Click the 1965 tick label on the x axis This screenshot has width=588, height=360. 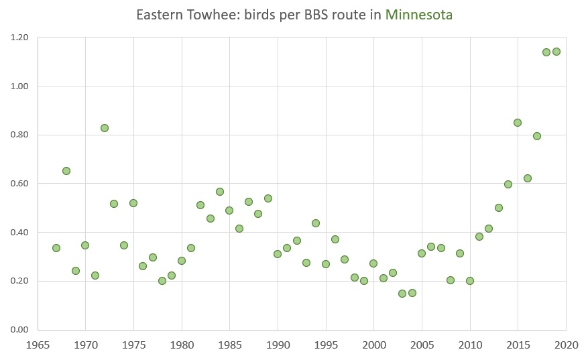pos(38,345)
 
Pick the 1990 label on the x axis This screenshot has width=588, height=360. pos(278,345)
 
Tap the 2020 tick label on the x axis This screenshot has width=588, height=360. pos(566,345)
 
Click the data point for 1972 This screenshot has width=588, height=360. pos(105,128)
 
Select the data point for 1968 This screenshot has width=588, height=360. pos(66,171)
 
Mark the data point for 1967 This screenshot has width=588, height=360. pos(56,248)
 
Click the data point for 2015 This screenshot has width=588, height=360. pos(518,123)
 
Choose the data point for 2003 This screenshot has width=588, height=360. pos(402,294)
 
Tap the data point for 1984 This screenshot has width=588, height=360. pos(220,192)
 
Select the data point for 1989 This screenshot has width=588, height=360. pos(268,198)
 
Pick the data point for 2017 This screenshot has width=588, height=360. pos(537,136)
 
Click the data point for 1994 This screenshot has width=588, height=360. pos(316,223)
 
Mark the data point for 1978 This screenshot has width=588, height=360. pos(162,281)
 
